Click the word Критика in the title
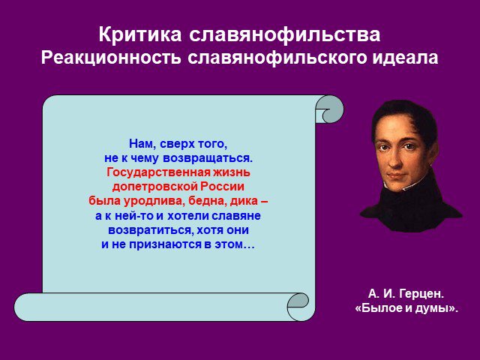click(x=140, y=34)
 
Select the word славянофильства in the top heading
click(x=285, y=35)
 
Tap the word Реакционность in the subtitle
click(x=111, y=58)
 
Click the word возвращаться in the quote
click(x=208, y=158)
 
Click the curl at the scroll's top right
click(x=330, y=109)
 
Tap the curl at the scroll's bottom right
click(x=298, y=307)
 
